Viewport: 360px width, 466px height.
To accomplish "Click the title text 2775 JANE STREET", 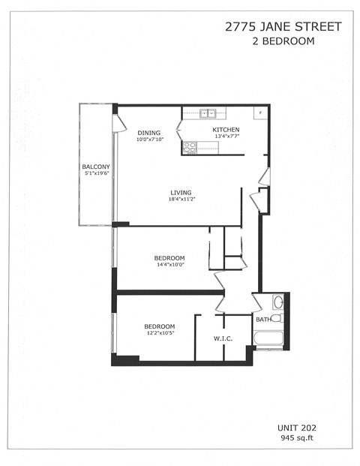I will [283, 27].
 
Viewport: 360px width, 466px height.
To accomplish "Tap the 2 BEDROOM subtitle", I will [283, 41].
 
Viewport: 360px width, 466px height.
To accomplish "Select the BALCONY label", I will [96, 167].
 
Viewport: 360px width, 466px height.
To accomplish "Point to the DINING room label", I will [148, 133].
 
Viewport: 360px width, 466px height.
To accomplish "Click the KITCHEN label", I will [227, 129].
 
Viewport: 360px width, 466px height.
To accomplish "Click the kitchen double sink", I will [208, 114].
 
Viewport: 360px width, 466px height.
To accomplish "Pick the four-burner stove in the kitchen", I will [189, 148].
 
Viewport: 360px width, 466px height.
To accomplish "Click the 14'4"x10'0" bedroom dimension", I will [169, 264].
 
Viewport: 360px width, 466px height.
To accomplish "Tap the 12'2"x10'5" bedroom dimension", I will [160, 333].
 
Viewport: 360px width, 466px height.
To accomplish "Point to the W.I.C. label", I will [223, 338].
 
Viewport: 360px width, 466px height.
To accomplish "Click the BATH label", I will [262, 320].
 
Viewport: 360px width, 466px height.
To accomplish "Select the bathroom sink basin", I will [277, 302].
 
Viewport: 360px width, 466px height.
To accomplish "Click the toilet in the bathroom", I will [275, 318].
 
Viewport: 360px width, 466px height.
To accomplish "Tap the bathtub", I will [268, 338].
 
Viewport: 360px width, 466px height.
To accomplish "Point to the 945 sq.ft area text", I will [295, 437].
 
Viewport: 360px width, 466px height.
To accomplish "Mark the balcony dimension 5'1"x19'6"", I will [97, 173].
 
